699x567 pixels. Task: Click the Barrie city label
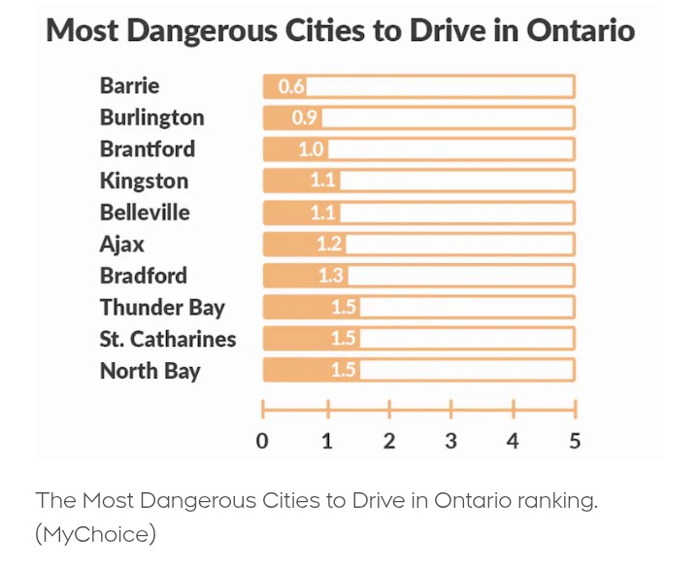tap(129, 85)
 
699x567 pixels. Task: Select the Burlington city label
tap(151, 117)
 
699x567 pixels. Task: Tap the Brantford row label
tap(147, 149)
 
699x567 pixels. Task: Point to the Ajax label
tap(121, 244)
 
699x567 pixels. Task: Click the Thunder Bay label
tap(161, 308)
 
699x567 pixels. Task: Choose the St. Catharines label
tap(167, 339)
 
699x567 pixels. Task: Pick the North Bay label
tap(150, 371)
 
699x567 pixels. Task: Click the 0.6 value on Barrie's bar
tap(291, 86)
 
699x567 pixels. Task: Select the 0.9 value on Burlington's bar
tap(305, 118)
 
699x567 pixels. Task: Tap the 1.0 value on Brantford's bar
tap(311, 150)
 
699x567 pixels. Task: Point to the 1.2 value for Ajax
tap(330, 245)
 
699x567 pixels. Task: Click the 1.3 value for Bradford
tap(331, 276)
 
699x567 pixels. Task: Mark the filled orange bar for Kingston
tap(299, 182)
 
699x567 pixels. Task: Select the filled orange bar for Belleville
tap(299, 213)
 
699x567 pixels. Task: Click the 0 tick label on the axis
tap(262, 441)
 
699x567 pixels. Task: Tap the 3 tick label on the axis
tap(450, 441)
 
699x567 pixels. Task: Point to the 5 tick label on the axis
tap(575, 441)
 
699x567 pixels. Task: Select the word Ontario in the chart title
tap(581, 31)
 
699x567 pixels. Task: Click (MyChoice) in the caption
tap(95, 534)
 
